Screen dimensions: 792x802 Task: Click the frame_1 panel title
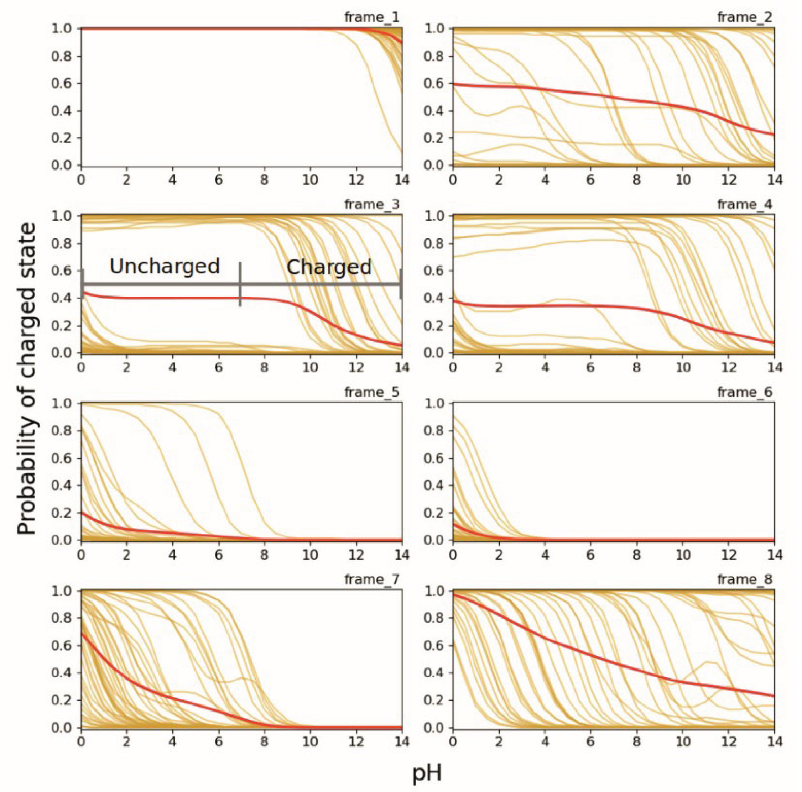click(x=371, y=17)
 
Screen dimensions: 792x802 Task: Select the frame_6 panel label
click(x=745, y=392)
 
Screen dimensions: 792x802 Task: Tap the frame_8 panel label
click(x=745, y=579)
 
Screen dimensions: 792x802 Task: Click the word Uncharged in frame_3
click(x=165, y=266)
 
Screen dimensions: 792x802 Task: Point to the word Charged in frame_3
click(x=329, y=267)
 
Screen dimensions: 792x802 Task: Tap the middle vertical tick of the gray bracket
click(x=240, y=284)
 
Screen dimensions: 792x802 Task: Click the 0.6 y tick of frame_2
click(x=433, y=84)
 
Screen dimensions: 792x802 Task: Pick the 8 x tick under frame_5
click(x=264, y=555)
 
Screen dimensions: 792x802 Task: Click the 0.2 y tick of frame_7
click(x=61, y=700)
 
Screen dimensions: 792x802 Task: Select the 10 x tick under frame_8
click(x=682, y=742)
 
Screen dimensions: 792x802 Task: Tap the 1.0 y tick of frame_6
click(x=433, y=403)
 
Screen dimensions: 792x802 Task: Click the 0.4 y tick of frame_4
click(x=433, y=298)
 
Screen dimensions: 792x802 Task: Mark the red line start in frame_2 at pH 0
click(x=454, y=84)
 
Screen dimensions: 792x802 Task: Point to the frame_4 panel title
click(x=745, y=205)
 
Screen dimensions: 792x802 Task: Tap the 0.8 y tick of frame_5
click(x=61, y=431)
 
